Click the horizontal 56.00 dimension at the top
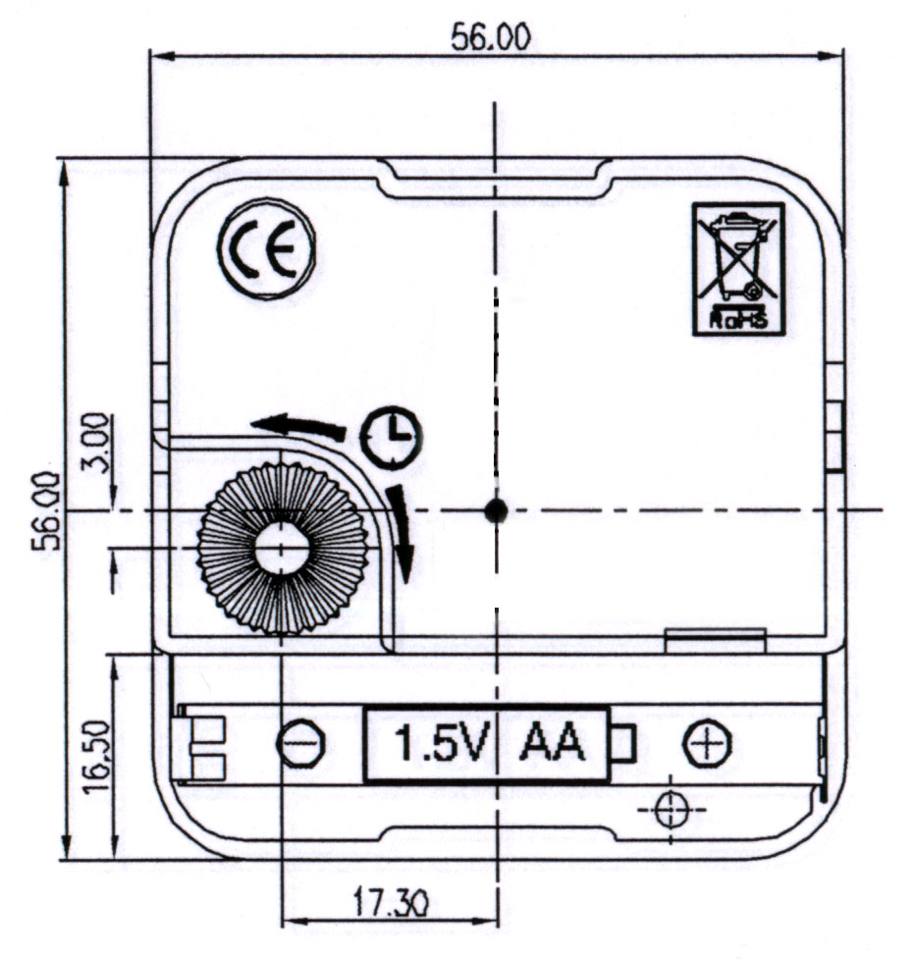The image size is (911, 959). (491, 37)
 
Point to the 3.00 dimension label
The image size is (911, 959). (96, 445)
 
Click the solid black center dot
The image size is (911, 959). (496, 509)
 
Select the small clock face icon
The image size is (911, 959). (390, 436)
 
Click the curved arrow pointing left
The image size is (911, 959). (298, 426)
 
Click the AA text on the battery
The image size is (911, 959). (552, 745)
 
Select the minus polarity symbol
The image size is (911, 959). (300, 746)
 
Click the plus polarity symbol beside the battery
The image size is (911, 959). (707, 745)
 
